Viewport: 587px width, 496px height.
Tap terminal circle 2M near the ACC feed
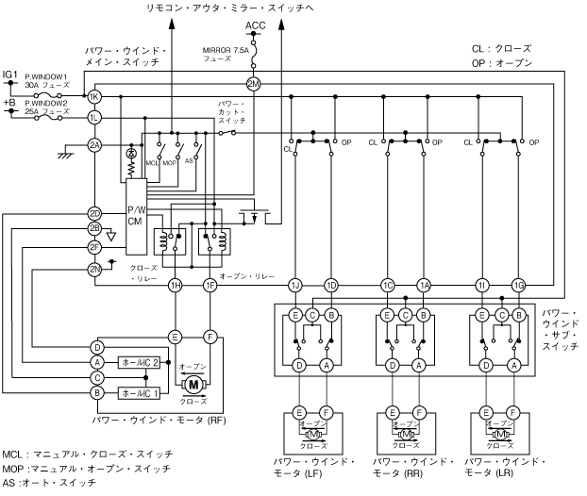click(x=254, y=82)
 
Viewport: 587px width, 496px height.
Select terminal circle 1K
click(x=94, y=97)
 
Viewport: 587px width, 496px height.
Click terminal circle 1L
click(x=94, y=117)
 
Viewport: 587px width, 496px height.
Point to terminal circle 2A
click(x=94, y=144)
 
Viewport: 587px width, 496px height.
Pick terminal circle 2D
click(x=94, y=213)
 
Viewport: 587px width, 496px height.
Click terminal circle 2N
click(x=94, y=269)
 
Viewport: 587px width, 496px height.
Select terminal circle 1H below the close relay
click(x=175, y=284)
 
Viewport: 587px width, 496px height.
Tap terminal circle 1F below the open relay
click(x=210, y=284)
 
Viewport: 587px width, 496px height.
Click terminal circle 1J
click(x=295, y=284)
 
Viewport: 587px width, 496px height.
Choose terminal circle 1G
click(x=518, y=284)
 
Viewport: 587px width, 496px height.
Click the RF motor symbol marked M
click(x=193, y=384)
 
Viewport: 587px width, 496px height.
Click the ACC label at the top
click(x=254, y=25)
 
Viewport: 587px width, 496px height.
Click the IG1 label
click(x=9, y=73)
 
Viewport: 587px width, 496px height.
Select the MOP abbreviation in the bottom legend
click(x=14, y=468)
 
